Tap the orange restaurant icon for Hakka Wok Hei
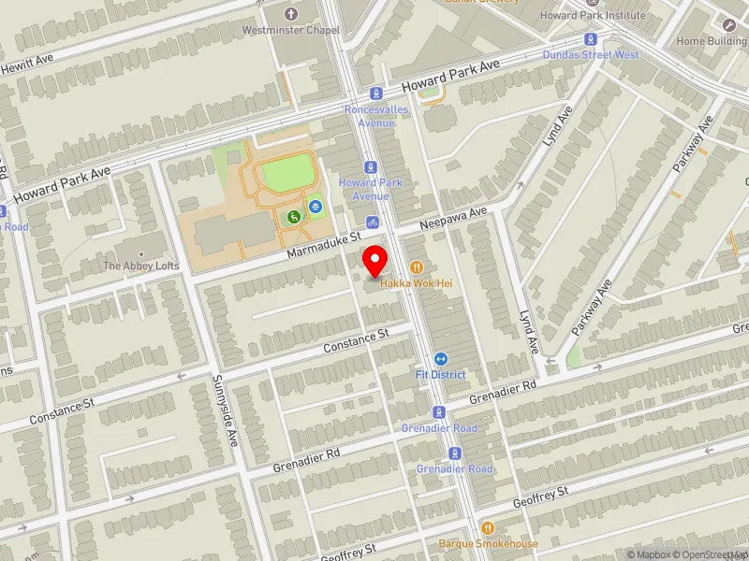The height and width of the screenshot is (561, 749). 416,267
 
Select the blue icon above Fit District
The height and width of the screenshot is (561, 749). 441,359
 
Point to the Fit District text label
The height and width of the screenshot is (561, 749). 441,375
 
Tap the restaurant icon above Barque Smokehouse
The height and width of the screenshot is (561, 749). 487,527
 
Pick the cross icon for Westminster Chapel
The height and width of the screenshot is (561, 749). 291,14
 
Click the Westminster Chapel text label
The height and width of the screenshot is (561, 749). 291,30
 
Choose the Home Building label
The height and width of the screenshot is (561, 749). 712,41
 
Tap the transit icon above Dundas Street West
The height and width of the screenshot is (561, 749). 591,39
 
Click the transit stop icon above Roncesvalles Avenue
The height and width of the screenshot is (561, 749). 376,93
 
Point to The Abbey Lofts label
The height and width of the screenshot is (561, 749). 140,266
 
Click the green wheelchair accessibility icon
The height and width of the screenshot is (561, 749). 294,217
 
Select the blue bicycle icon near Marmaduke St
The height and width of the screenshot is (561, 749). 373,223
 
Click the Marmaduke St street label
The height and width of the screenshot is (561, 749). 324,245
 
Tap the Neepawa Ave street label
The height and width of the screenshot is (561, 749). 455,219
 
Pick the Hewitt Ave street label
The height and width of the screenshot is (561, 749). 27,57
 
